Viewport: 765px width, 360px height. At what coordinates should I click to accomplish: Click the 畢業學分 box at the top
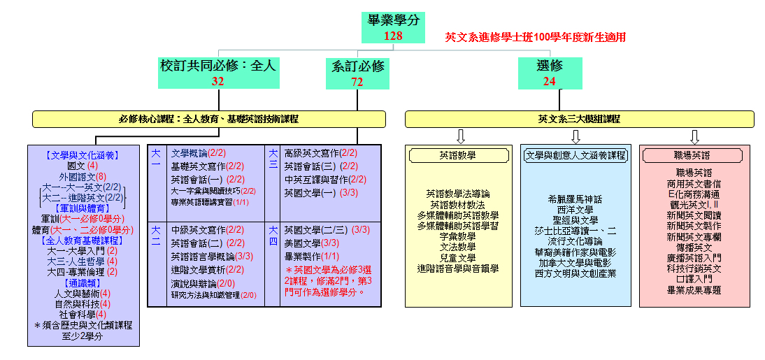(x=394, y=27)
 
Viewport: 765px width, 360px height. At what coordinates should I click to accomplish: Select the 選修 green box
(x=549, y=73)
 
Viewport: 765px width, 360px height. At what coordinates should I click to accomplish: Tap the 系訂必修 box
(x=357, y=73)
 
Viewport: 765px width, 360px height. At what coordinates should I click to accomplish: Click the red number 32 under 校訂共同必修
(x=218, y=81)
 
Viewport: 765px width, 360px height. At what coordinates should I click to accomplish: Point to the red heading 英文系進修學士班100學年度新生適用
(x=535, y=37)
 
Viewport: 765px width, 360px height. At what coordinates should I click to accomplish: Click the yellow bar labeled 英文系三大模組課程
(x=579, y=120)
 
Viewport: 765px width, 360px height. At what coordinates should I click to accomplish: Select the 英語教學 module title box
(x=459, y=155)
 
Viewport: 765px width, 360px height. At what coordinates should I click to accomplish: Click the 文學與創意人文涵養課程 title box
(x=575, y=155)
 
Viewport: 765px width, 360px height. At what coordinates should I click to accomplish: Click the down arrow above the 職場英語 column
(x=694, y=136)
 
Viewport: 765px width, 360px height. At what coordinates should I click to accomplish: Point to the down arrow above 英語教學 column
(x=460, y=136)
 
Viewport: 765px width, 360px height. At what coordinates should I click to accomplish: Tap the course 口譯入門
(x=694, y=279)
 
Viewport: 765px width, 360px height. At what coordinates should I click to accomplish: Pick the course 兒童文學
(x=458, y=257)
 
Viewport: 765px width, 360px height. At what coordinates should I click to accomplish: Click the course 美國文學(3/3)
(x=312, y=243)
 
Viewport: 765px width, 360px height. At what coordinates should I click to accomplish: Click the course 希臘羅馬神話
(x=575, y=199)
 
